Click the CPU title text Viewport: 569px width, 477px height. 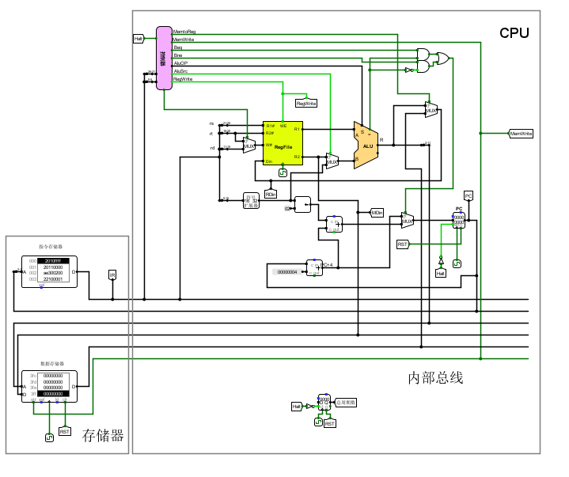514,33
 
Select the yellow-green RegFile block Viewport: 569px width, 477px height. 283,143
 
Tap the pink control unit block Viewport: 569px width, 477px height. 164,58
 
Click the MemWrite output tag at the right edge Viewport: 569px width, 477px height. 521,134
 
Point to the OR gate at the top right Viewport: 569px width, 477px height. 442,59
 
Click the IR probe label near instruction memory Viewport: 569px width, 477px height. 112,274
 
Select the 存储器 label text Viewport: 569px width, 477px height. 103,435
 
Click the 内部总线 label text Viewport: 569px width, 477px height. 435,378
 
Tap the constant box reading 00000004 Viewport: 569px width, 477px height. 287,272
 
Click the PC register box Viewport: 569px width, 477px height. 458,221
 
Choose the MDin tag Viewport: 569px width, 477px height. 377,212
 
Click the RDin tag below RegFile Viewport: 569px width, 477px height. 271,194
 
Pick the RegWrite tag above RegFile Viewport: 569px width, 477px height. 306,103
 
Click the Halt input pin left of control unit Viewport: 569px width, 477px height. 138,38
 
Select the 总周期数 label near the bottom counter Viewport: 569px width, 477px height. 346,403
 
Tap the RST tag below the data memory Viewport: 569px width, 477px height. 65,432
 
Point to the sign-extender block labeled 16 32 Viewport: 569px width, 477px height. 251,199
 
